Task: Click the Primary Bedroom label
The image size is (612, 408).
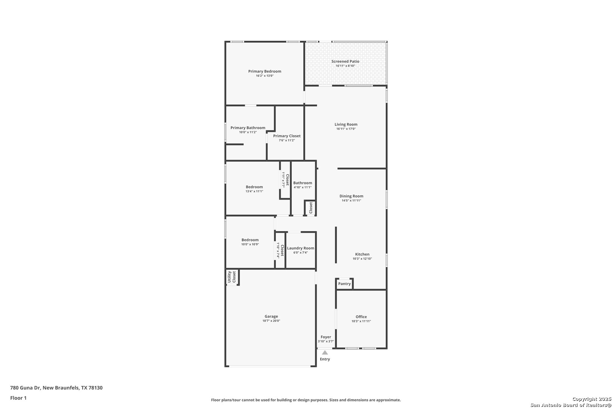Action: pyautogui.click(x=264, y=71)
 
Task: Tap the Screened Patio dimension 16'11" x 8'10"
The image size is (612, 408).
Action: pyautogui.click(x=345, y=66)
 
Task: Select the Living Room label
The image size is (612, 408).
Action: pyautogui.click(x=346, y=124)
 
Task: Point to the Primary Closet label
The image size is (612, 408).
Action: pyautogui.click(x=287, y=136)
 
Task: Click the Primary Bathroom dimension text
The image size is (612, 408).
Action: pyautogui.click(x=248, y=132)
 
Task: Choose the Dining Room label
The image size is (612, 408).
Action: pyautogui.click(x=351, y=196)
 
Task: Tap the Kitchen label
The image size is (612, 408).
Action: pyautogui.click(x=362, y=254)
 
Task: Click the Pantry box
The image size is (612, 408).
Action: pyautogui.click(x=344, y=284)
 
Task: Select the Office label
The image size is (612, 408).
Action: pyautogui.click(x=361, y=317)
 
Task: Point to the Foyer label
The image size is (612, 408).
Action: pyautogui.click(x=326, y=337)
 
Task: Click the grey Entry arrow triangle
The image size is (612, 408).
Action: pyautogui.click(x=325, y=352)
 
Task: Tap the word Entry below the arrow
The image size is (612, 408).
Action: pyautogui.click(x=325, y=359)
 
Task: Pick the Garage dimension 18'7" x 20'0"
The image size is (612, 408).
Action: pyautogui.click(x=271, y=321)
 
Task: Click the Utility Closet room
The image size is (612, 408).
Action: pyautogui.click(x=232, y=277)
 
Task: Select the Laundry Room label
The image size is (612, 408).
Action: pyautogui.click(x=301, y=248)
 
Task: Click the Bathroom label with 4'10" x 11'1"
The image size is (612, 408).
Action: pyautogui.click(x=303, y=183)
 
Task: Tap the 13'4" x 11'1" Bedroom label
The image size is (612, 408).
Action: pyautogui.click(x=254, y=187)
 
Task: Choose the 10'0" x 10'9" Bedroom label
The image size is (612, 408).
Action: pyautogui.click(x=250, y=240)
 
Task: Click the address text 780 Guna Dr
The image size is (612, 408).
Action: pyautogui.click(x=25, y=388)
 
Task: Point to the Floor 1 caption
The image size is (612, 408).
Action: pyautogui.click(x=18, y=398)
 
